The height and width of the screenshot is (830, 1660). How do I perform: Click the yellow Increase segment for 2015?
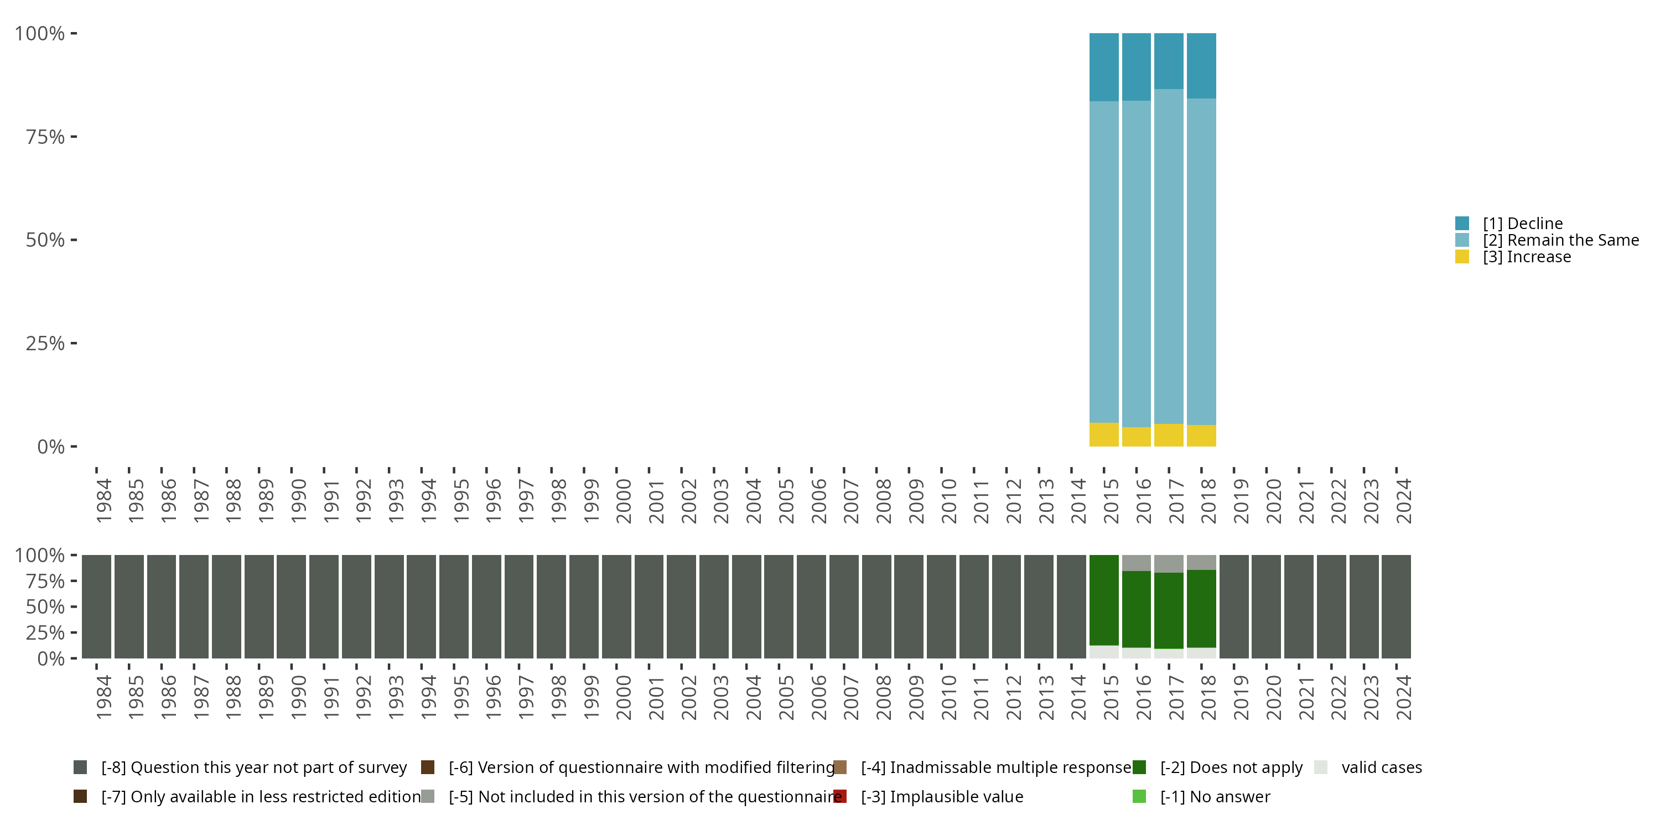click(1104, 434)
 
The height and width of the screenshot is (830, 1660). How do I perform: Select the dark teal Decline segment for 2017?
click(1168, 61)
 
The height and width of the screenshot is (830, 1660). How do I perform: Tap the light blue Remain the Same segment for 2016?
click(1136, 263)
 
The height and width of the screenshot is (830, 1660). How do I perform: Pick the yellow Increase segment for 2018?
click(1201, 435)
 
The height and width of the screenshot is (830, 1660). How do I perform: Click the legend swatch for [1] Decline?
click(1462, 224)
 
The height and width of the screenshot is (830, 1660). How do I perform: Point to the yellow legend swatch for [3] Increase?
click(1462, 257)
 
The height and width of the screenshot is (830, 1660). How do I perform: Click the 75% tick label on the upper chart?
click(45, 137)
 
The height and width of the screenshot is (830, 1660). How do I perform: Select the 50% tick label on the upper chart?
click(45, 240)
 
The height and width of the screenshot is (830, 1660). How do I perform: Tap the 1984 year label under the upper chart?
click(103, 501)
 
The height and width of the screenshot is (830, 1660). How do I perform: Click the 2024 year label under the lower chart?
click(1403, 697)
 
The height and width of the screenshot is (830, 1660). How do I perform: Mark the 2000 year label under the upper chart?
click(623, 501)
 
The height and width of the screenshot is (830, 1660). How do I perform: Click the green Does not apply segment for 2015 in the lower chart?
click(1104, 600)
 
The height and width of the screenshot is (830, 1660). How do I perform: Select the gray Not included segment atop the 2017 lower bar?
click(1168, 563)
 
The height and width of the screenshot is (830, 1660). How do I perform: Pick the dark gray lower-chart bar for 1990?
click(291, 606)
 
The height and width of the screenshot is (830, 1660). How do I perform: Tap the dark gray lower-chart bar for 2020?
click(1266, 606)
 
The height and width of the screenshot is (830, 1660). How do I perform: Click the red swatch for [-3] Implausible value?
click(839, 796)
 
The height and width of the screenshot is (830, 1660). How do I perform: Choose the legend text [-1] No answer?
click(1215, 796)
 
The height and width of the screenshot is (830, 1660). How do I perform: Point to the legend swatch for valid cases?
click(1320, 767)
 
